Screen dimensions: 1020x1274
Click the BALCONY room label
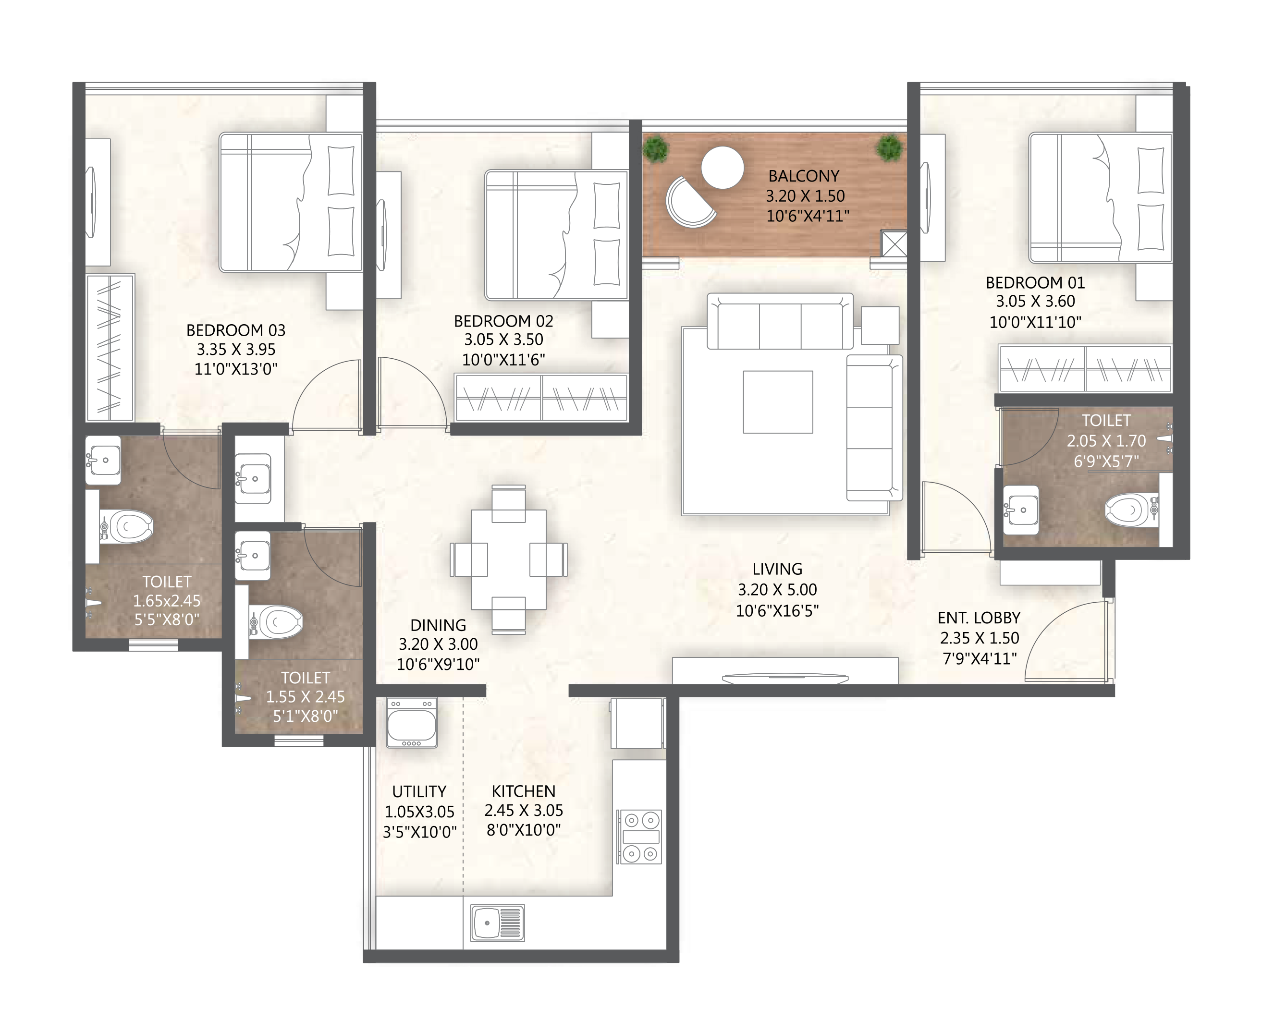click(803, 176)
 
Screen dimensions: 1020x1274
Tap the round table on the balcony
click(722, 168)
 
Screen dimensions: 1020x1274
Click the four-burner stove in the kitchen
click(640, 837)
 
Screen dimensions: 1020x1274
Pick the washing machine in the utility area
click(411, 723)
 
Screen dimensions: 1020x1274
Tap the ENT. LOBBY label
click(979, 618)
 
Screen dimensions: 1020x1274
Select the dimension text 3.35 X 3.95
click(236, 349)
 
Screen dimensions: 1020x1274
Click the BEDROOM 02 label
click(503, 321)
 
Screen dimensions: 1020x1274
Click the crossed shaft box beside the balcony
click(894, 244)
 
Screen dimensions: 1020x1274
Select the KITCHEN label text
click(523, 791)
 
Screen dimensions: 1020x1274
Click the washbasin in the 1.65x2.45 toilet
click(104, 460)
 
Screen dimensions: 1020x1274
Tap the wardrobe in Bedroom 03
click(110, 347)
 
